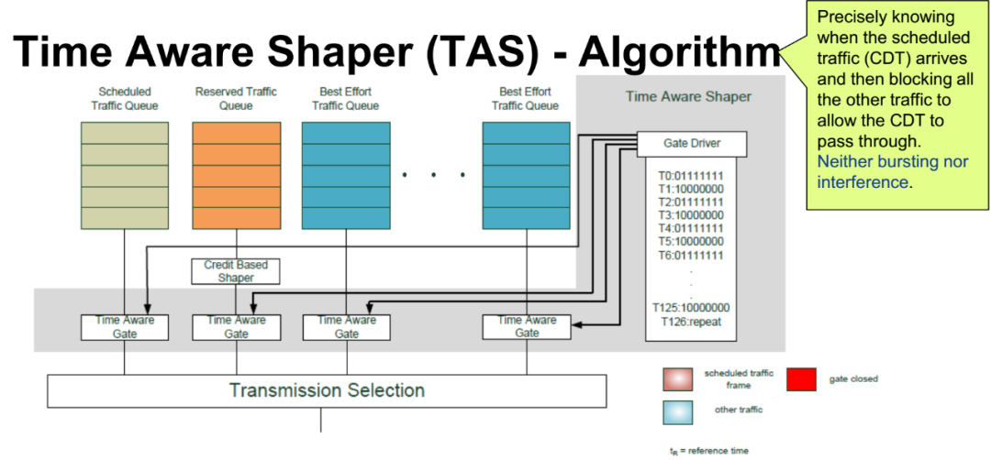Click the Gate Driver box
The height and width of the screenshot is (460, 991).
[x=691, y=144]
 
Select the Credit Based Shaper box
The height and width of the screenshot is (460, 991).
[x=236, y=270]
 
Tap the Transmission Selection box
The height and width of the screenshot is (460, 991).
[x=327, y=390]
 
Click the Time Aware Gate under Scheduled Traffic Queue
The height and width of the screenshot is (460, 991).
[x=126, y=327]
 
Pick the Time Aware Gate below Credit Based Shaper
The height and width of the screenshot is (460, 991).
[x=236, y=327]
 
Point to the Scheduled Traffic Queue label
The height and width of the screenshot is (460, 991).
[x=126, y=99]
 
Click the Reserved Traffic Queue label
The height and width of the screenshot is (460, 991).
[x=236, y=99]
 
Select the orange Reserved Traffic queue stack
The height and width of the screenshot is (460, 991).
[x=236, y=174]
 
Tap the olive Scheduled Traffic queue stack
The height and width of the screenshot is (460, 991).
[x=126, y=174]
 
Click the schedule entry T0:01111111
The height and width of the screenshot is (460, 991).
[x=693, y=175]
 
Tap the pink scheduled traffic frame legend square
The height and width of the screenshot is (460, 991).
[x=678, y=380]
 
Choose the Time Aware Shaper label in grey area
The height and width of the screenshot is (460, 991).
[x=687, y=96]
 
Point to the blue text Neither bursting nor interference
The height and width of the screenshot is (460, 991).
[x=879, y=171]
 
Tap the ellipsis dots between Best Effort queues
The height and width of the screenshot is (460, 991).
[x=434, y=174]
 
